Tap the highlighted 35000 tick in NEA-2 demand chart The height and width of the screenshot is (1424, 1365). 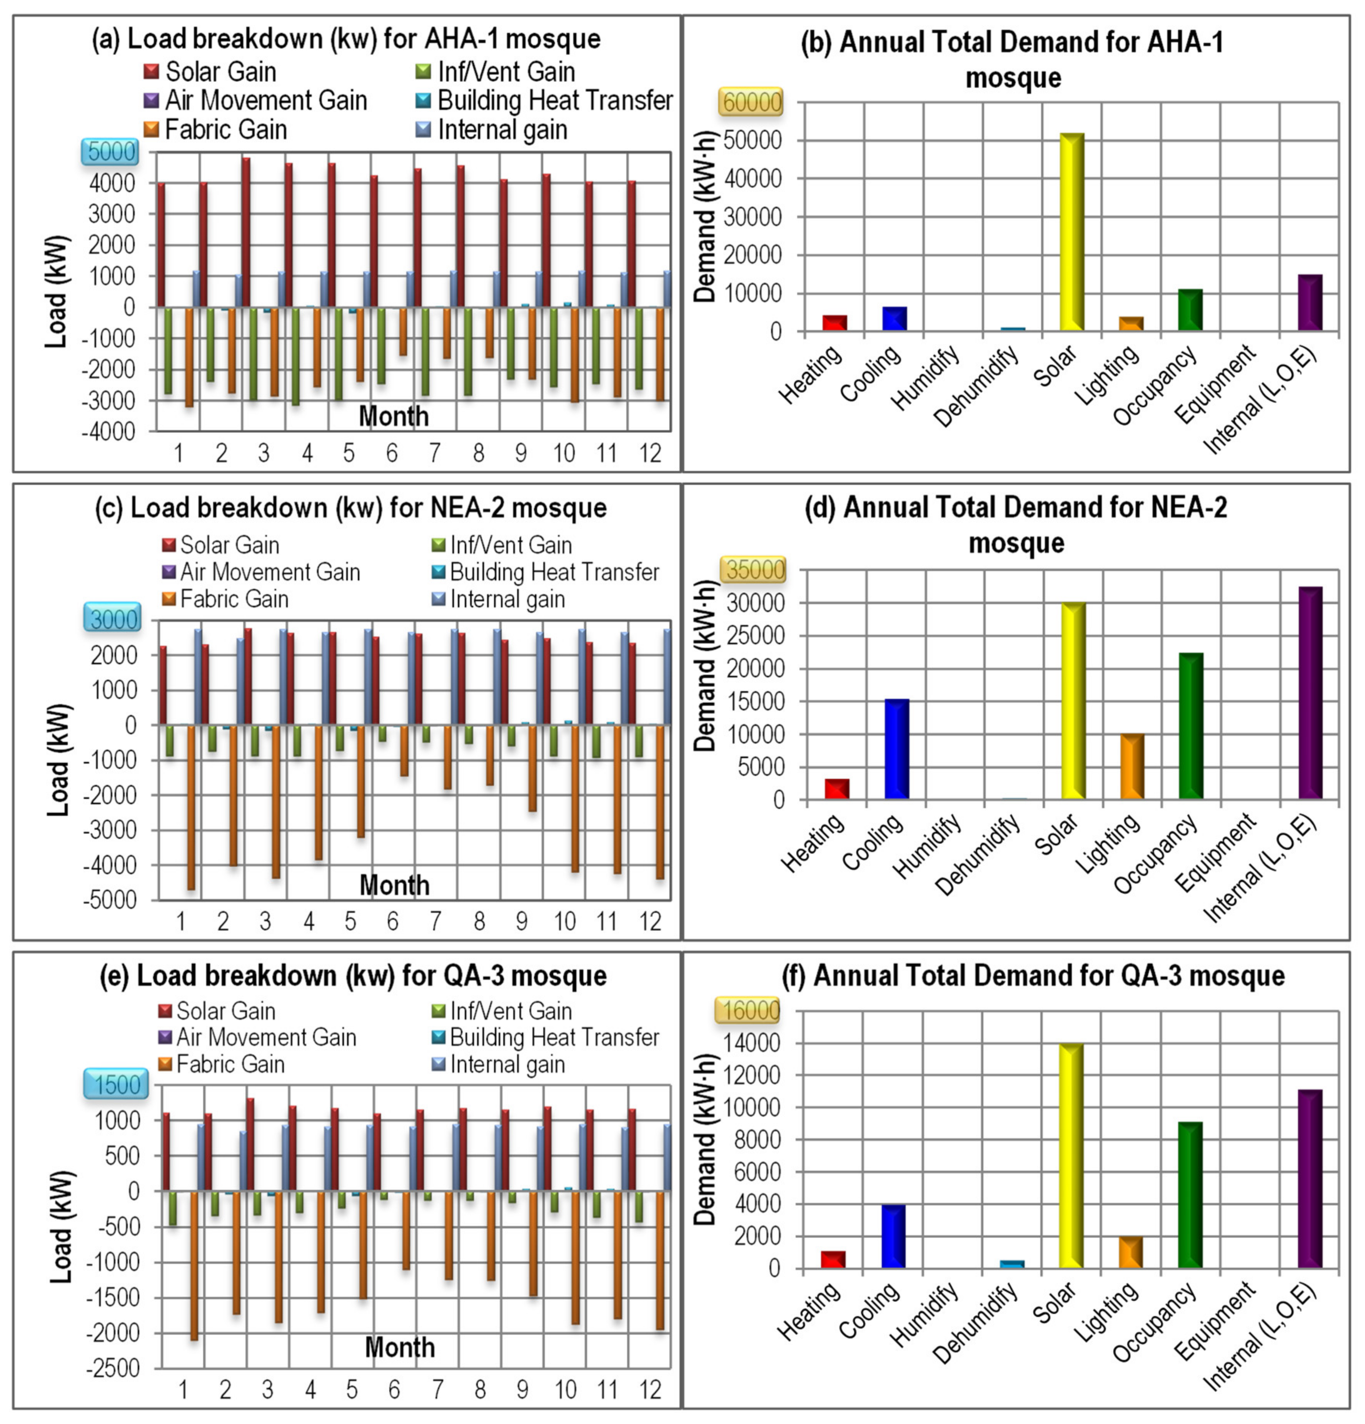point(753,570)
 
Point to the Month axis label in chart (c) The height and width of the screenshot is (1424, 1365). point(394,885)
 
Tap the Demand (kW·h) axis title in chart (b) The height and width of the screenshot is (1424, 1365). point(705,217)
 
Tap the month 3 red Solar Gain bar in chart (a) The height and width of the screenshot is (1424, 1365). point(246,232)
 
